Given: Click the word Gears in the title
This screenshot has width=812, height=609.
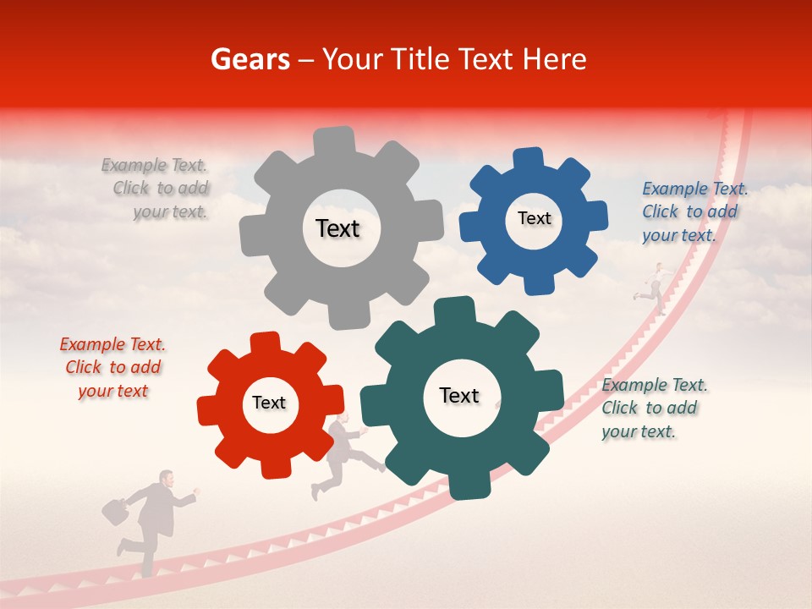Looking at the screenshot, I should tap(250, 59).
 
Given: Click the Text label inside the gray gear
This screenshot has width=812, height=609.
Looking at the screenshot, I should tap(337, 228).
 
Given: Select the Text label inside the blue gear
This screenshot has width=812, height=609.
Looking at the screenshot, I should tap(534, 218).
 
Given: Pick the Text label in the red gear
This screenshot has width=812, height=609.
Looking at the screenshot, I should tap(269, 403).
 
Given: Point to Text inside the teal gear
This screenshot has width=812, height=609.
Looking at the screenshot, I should tap(459, 395).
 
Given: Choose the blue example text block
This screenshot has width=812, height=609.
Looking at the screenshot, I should tap(694, 211).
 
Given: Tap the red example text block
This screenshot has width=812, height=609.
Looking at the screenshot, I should tap(112, 367).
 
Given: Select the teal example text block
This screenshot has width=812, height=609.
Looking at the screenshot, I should tap(653, 408).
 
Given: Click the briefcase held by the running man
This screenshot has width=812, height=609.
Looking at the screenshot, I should tap(115, 510).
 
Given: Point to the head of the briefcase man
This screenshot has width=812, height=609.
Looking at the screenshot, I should tap(167, 480).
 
